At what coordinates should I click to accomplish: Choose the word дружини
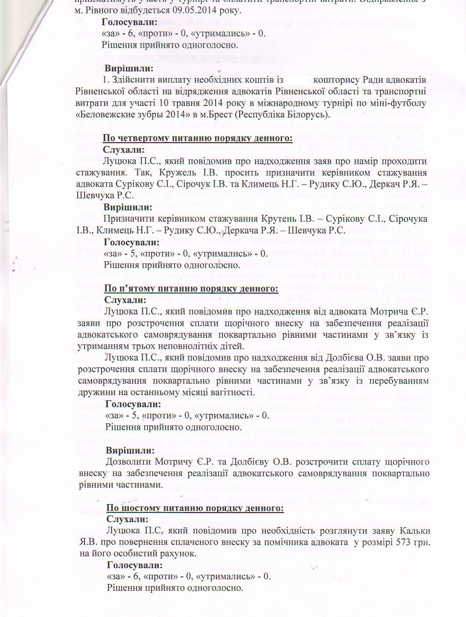coord(94,392)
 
